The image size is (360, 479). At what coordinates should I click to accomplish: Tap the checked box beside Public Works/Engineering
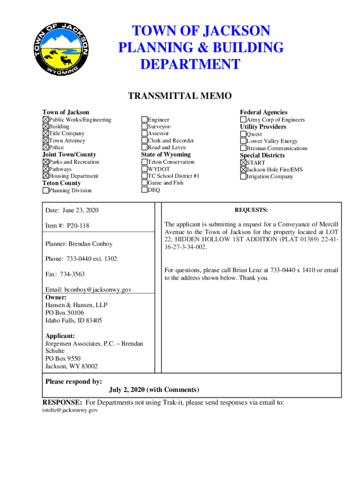coord(45,120)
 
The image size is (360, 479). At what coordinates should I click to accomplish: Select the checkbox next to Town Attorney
coord(45,140)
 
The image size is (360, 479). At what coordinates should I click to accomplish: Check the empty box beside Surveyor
coord(144,127)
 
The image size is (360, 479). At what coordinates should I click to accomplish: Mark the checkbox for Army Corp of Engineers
coord(243,120)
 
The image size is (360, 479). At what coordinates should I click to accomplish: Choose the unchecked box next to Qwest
coord(243,134)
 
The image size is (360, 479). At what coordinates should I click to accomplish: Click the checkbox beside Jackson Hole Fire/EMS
coord(243,169)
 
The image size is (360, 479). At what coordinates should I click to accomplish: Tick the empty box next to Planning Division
coord(45,190)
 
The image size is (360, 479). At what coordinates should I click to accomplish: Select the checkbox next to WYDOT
coord(144,169)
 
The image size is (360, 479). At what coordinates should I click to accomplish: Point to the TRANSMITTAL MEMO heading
coord(180,96)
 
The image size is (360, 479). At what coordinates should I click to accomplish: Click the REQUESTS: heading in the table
coord(251,210)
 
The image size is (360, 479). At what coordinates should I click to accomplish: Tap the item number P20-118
coord(78,226)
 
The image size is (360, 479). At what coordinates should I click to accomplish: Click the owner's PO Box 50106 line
coord(65,312)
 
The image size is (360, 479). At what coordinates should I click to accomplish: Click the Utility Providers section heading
coord(263,127)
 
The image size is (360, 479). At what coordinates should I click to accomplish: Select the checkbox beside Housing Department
coord(45,176)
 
